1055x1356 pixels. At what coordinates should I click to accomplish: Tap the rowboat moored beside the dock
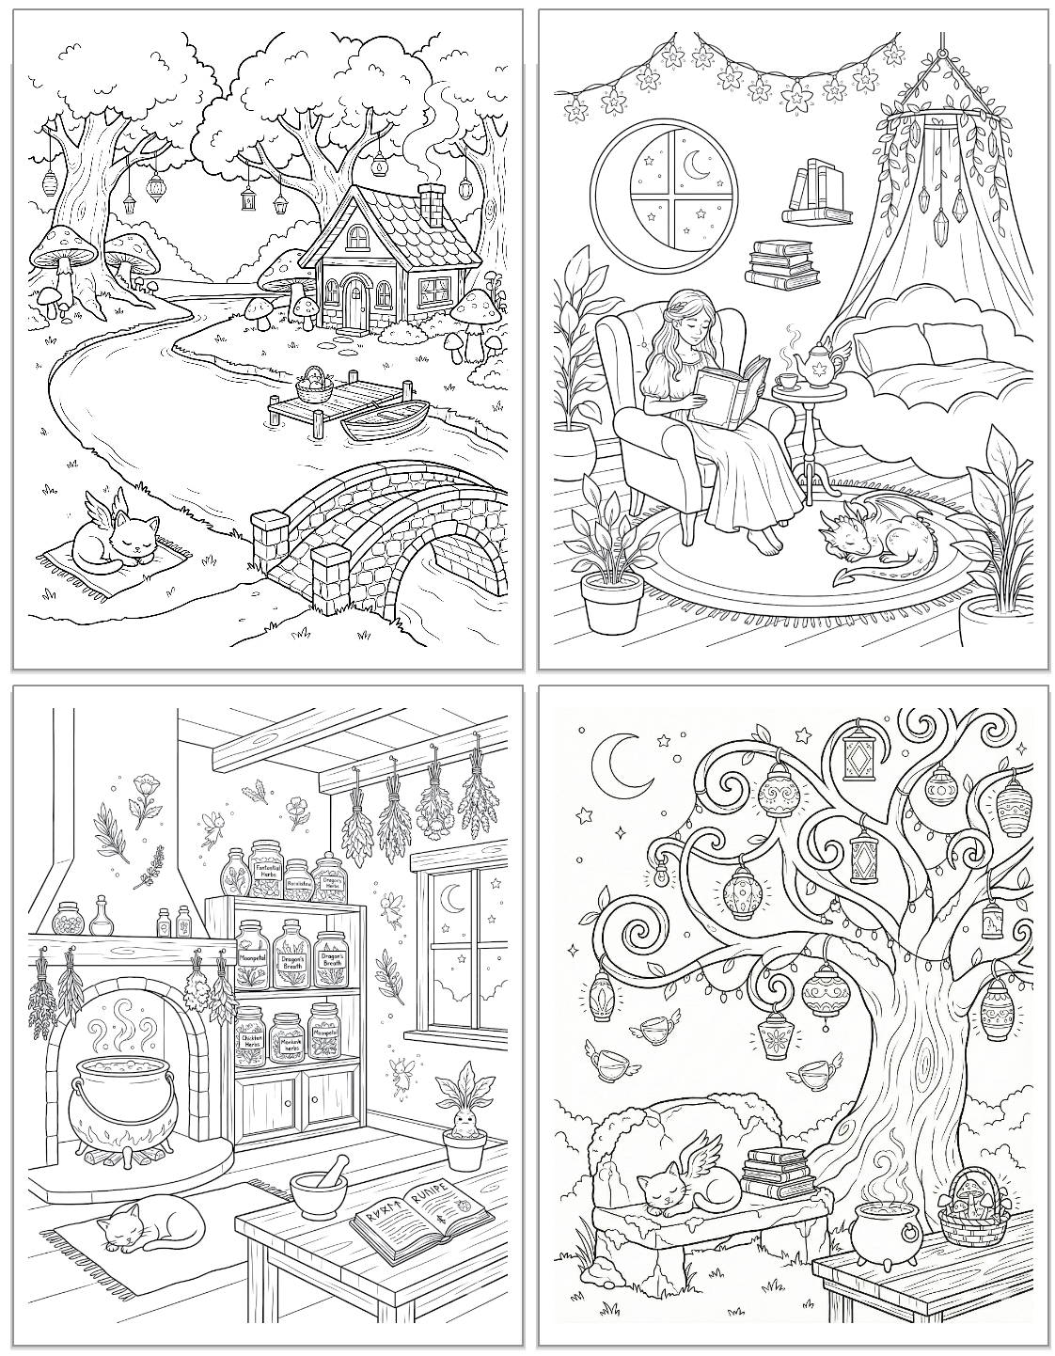pyautogui.click(x=386, y=419)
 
